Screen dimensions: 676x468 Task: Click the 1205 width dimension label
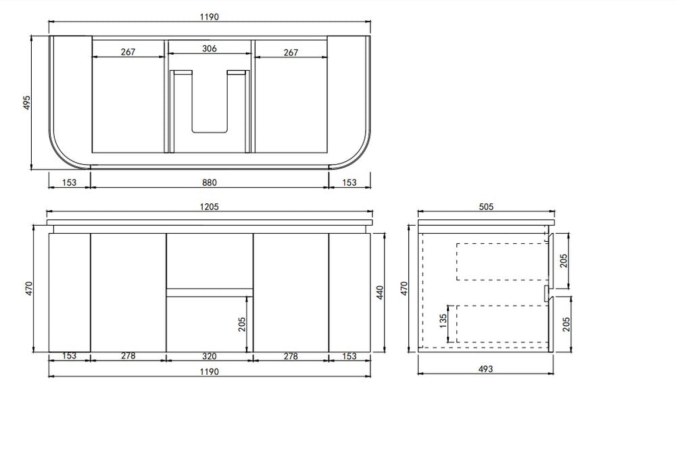[x=209, y=207]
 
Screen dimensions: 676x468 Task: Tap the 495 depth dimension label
[x=27, y=103]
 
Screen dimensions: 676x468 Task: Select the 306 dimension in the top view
[x=210, y=49]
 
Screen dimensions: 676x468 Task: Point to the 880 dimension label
[x=210, y=182]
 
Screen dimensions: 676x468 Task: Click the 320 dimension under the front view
[x=210, y=356]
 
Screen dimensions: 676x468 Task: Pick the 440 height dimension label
[x=380, y=293]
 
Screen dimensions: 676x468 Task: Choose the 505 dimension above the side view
[x=486, y=207]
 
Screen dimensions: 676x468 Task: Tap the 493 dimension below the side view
[x=485, y=369]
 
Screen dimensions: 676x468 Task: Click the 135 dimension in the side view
[x=443, y=321]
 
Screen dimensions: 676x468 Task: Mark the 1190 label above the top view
[x=210, y=18]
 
